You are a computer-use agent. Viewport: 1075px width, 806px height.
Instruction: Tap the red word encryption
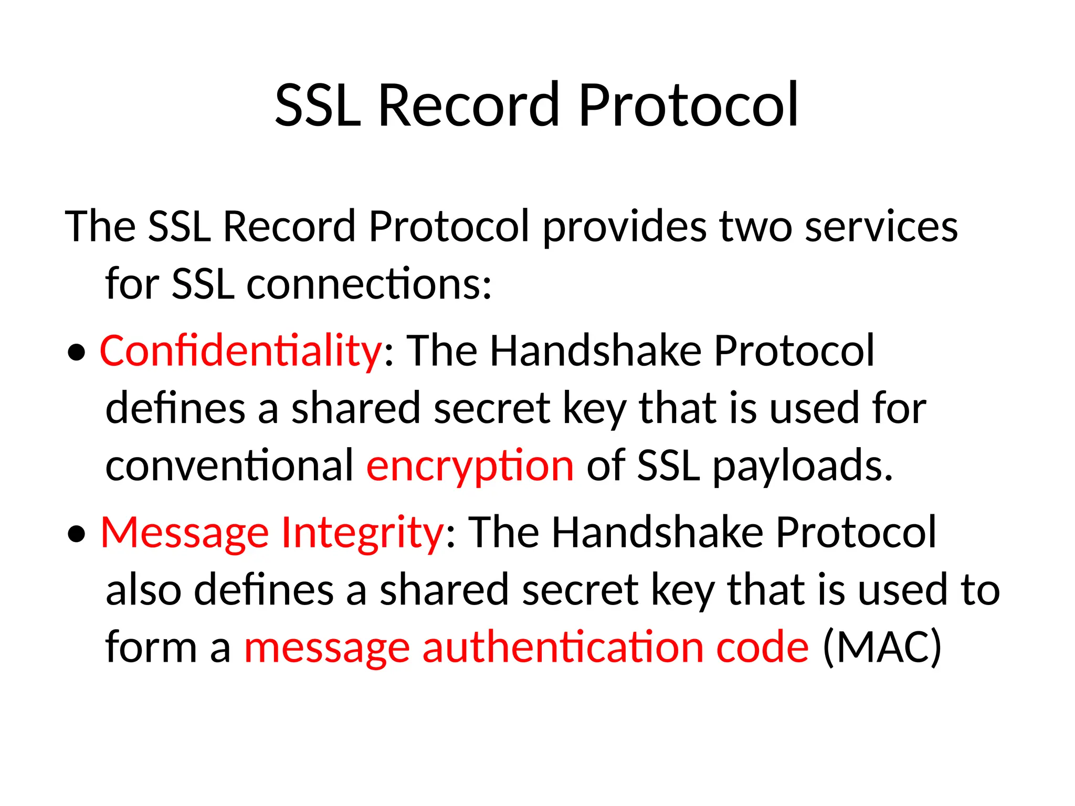(x=470, y=466)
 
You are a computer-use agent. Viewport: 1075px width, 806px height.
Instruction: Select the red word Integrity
(x=363, y=533)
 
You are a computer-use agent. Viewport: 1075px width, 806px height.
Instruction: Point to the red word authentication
(x=563, y=647)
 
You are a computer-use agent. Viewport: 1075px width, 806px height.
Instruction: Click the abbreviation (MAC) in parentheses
(x=882, y=647)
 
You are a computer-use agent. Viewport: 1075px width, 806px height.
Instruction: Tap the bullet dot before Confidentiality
(x=77, y=353)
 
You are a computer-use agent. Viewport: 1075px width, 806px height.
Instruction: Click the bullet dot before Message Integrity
(x=77, y=535)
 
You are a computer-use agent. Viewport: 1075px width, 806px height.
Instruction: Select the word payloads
(x=802, y=466)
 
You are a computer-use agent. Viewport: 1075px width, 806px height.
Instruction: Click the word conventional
(x=229, y=466)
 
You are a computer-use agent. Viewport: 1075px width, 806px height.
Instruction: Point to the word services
(x=881, y=227)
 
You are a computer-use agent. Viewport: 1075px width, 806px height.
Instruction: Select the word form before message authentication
(x=151, y=647)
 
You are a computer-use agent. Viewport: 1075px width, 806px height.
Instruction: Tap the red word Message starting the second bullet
(x=185, y=533)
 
